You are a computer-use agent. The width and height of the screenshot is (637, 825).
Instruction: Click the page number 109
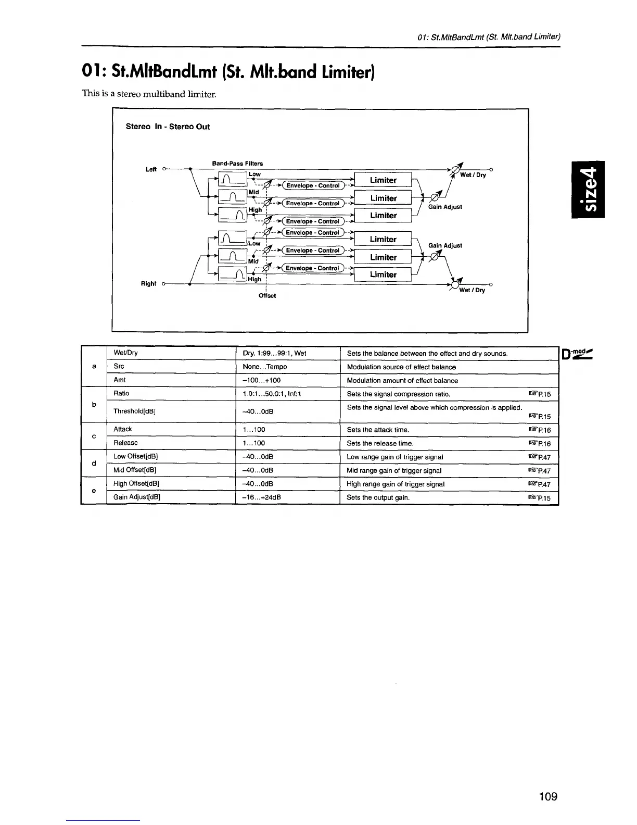pyautogui.click(x=548, y=796)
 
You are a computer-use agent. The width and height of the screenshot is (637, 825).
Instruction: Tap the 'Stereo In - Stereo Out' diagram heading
pyautogui.click(x=168, y=127)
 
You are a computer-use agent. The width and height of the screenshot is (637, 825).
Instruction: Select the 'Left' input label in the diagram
pyautogui.click(x=151, y=169)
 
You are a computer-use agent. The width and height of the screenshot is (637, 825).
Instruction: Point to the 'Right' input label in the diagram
pyautogui.click(x=148, y=284)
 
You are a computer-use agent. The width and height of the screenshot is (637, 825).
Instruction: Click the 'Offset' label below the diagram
pyautogui.click(x=267, y=296)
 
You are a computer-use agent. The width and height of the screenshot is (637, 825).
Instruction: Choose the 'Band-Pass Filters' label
pyautogui.click(x=237, y=164)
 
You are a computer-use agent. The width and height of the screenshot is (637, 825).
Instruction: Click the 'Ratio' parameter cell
pyautogui.click(x=121, y=393)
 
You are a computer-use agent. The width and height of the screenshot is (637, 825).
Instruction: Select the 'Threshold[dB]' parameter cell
pyautogui.click(x=134, y=411)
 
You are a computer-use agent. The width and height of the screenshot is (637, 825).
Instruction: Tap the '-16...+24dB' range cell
pyautogui.click(x=262, y=497)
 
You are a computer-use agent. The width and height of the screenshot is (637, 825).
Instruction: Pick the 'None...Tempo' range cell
pyautogui.click(x=265, y=367)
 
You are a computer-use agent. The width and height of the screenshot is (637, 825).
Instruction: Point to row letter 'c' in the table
pyautogui.click(x=94, y=436)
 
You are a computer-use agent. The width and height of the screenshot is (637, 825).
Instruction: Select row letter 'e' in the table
pyautogui.click(x=94, y=490)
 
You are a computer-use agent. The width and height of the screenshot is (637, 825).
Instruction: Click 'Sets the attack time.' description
pyautogui.click(x=378, y=430)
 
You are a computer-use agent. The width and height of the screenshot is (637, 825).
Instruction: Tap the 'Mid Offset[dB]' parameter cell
pyautogui.click(x=135, y=470)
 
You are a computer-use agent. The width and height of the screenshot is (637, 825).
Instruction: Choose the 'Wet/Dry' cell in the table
pyautogui.click(x=125, y=353)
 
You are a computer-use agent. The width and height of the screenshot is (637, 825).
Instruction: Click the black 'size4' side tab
pyautogui.click(x=588, y=190)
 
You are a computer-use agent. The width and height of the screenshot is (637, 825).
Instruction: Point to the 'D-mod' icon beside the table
pyautogui.click(x=577, y=354)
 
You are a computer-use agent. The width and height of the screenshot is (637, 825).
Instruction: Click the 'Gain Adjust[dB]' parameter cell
pyautogui.click(x=137, y=497)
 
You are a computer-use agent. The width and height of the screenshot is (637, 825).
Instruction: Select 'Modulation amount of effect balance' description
pyautogui.click(x=402, y=380)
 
